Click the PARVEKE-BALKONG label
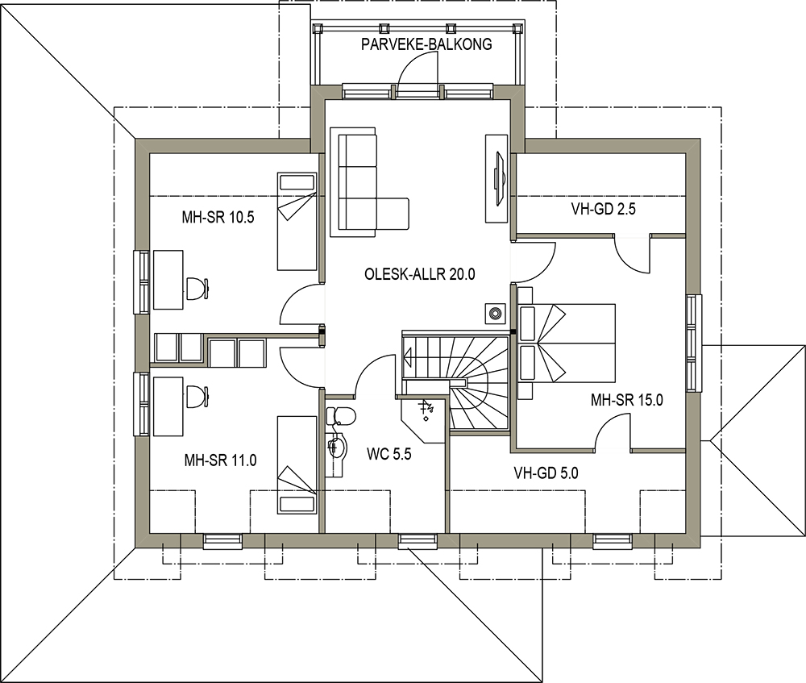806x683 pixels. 426,44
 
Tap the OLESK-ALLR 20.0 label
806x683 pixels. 419,274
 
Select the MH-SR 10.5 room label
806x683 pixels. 218,218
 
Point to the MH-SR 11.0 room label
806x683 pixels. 220,460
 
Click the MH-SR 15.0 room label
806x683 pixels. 626,400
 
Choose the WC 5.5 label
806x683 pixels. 389,454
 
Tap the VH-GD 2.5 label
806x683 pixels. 604,209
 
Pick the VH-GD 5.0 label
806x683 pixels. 546,473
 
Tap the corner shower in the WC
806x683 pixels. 422,419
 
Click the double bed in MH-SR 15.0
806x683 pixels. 567,344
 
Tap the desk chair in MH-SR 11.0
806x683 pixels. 197,397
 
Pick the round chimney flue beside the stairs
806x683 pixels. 495,312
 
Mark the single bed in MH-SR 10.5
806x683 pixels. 297,221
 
